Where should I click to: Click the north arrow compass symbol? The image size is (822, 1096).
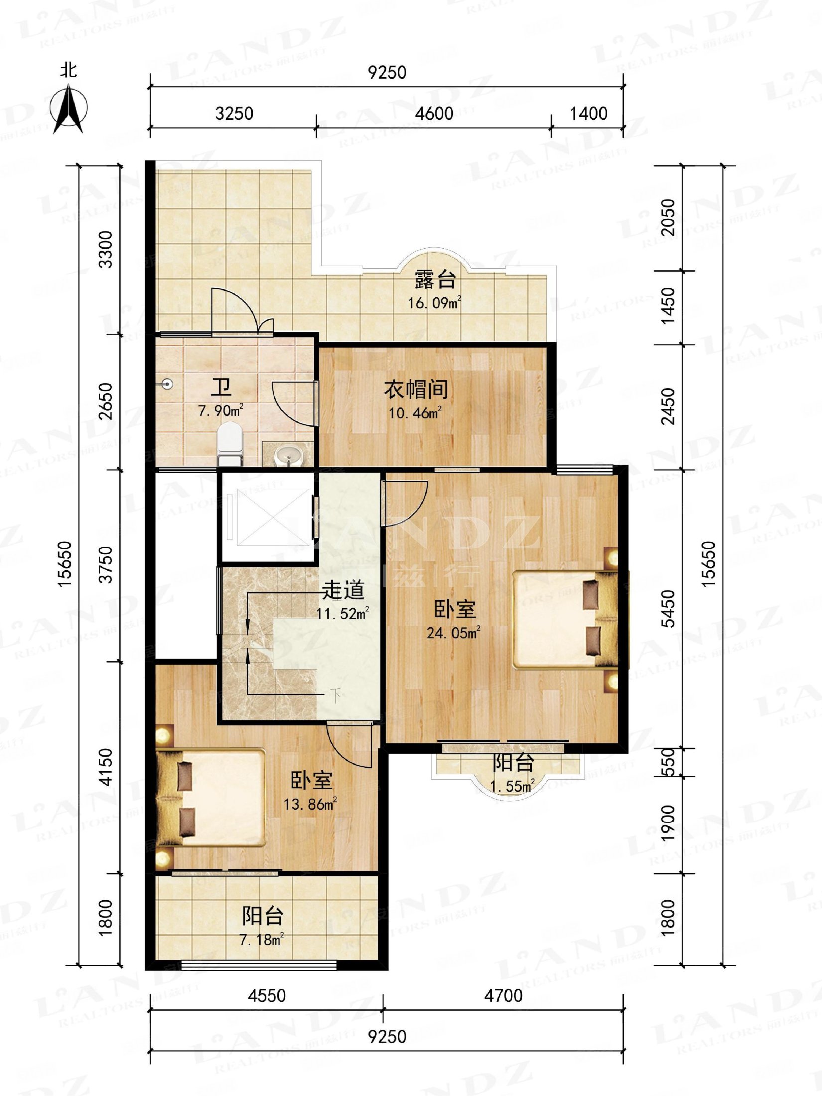pyautogui.click(x=69, y=109)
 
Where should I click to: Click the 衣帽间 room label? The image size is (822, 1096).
pyautogui.click(x=415, y=390)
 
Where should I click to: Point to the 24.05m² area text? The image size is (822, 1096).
pyautogui.click(x=453, y=632)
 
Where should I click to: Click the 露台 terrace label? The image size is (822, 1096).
pyautogui.click(x=435, y=280)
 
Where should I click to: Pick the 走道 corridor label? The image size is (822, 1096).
pyautogui.click(x=343, y=590)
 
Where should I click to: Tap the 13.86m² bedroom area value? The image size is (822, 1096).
pyautogui.click(x=310, y=804)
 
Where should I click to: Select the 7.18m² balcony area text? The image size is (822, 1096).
pyautogui.click(x=262, y=940)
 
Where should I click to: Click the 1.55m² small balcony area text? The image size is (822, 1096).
pyautogui.click(x=512, y=787)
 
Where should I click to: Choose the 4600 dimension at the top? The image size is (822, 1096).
pyautogui.click(x=434, y=114)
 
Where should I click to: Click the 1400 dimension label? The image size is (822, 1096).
pyautogui.click(x=588, y=114)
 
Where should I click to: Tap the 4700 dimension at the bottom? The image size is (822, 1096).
pyautogui.click(x=503, y=996)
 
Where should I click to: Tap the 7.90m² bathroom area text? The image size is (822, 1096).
pyautogui.click(x=221, y=411)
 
